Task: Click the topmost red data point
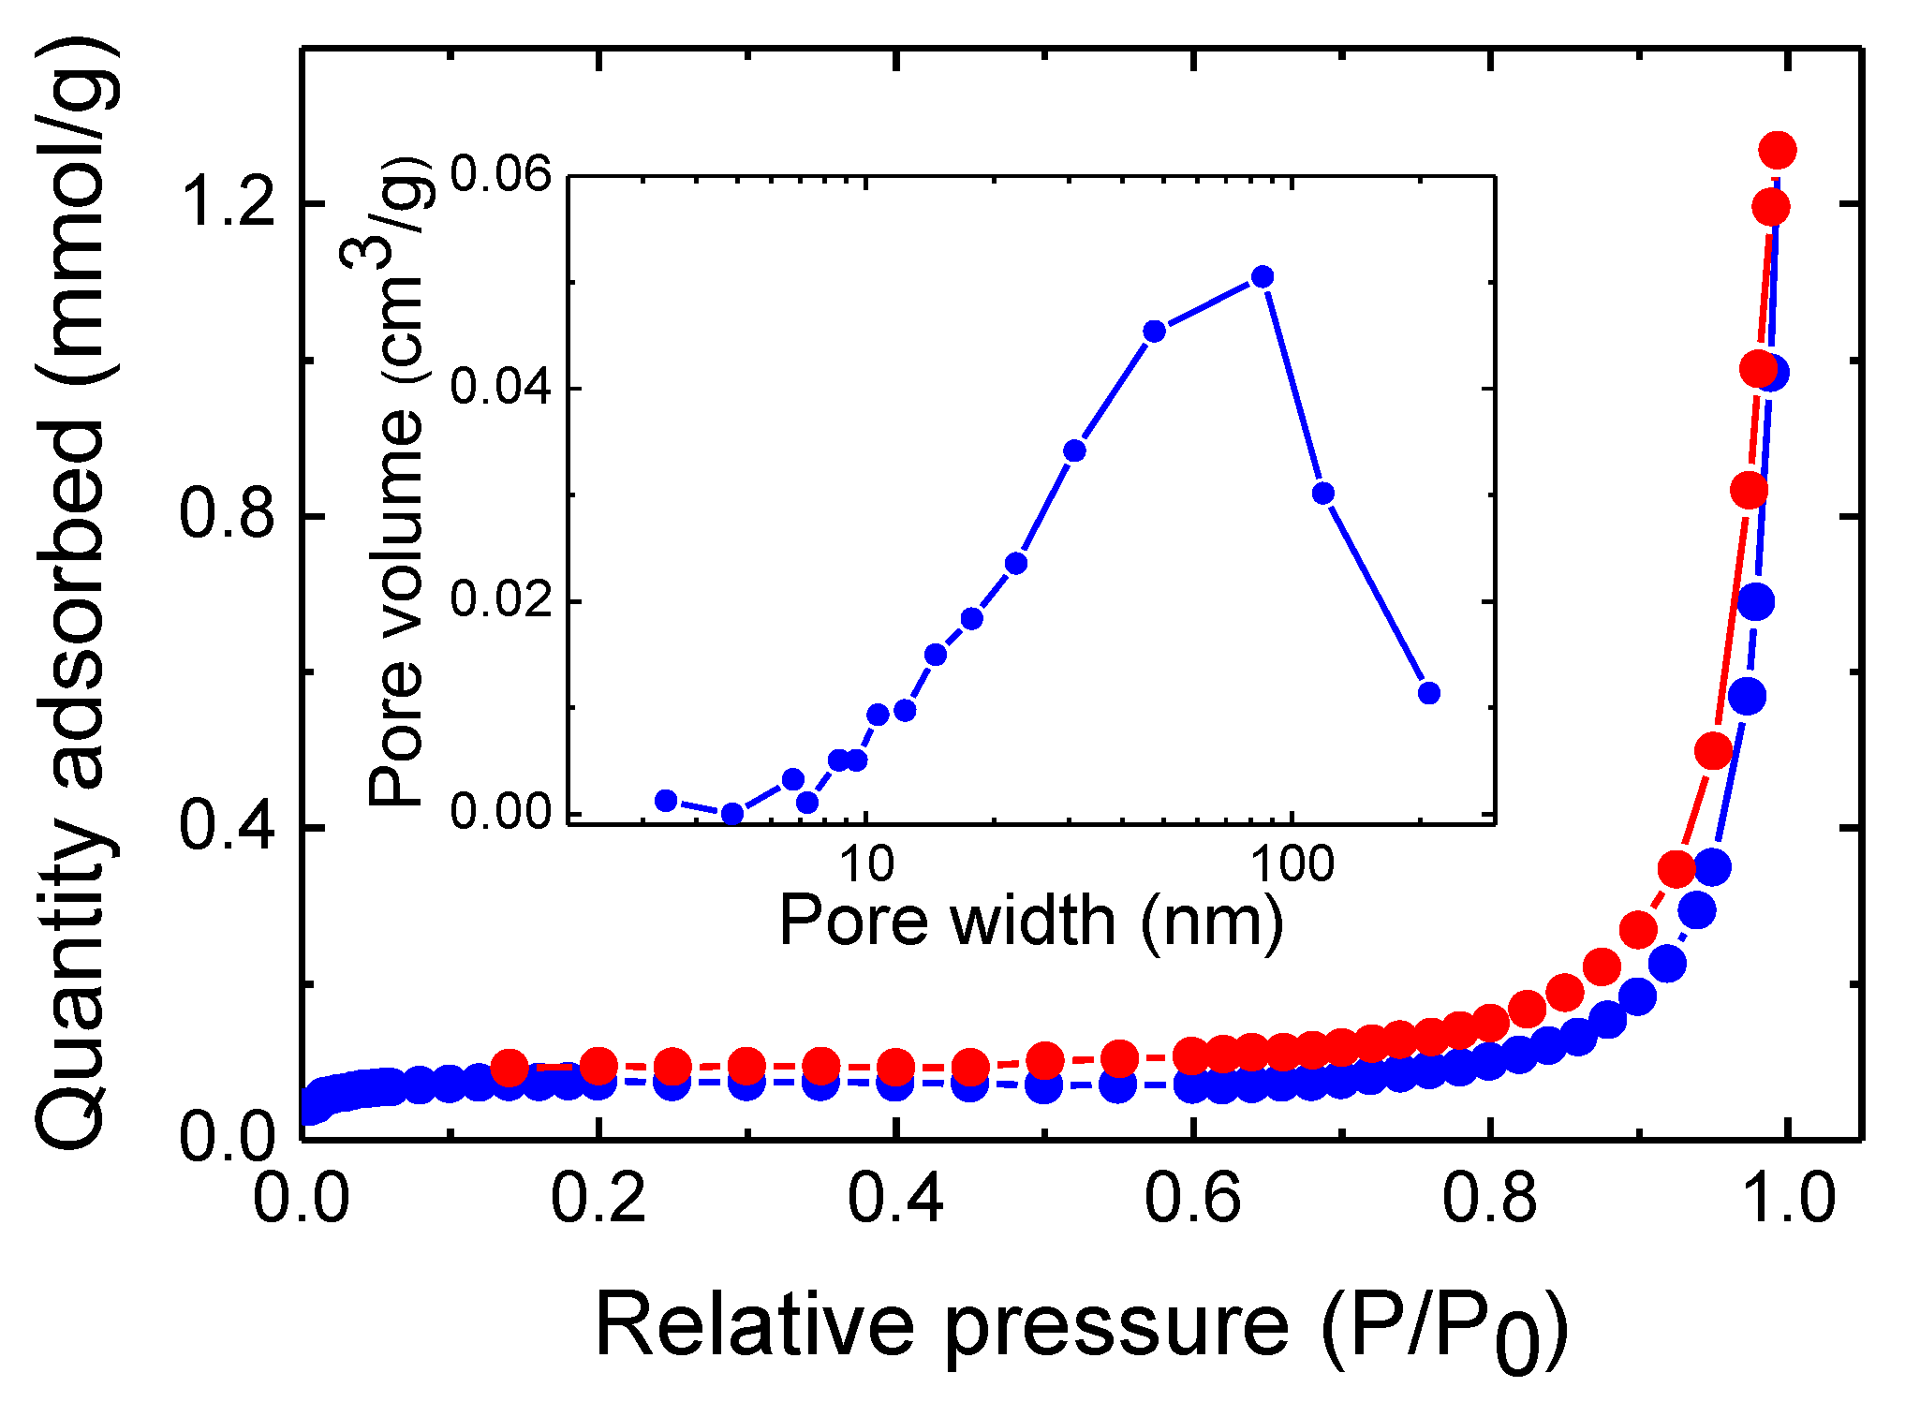coord(1777,150)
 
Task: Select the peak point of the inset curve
coord(1263,276)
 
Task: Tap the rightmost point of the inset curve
coord(1428,693)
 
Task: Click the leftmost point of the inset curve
coord(666,800)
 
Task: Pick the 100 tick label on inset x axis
coord(1292,865)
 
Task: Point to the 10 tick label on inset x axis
coord(866,865)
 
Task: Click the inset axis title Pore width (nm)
coord(1030,922)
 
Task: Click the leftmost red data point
coord(510,1066)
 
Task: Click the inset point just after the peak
coord(1322,494)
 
